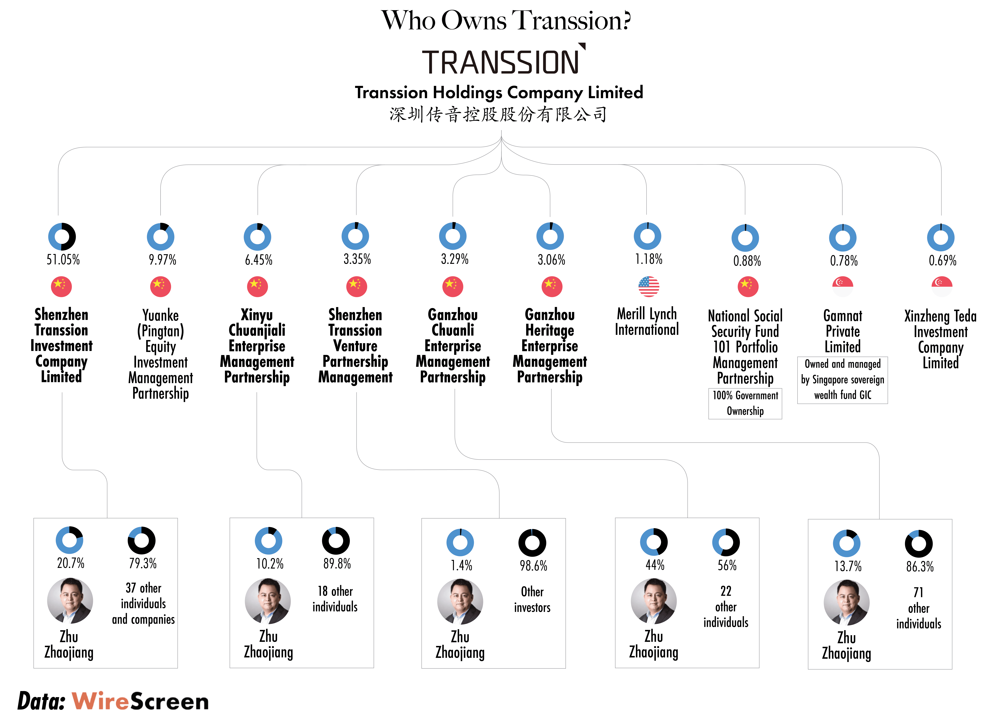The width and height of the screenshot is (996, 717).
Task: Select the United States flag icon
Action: [649, 287]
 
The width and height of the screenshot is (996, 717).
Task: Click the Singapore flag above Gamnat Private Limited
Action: [843, 287]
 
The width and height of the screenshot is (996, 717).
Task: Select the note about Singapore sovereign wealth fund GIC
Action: [843, 380]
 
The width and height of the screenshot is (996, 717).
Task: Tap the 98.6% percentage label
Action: [534, 566]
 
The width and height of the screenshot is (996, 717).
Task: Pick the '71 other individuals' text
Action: [919, 608]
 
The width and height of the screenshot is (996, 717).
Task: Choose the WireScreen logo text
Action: [141, 701]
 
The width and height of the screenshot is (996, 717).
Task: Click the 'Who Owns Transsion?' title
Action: [506, 20]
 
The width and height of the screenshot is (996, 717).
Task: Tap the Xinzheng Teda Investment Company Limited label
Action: [941, 339]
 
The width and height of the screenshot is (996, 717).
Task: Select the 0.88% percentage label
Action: [747, 261]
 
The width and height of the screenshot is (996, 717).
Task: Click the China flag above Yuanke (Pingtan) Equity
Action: [161, 287]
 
